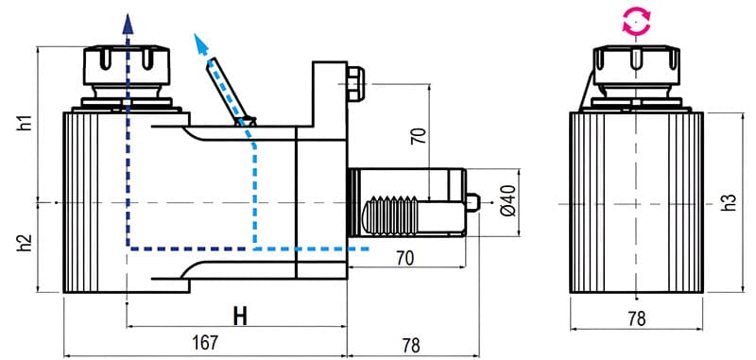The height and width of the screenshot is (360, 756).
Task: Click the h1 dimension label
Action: (x=26, y=123)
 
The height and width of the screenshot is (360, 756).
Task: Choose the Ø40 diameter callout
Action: (x=507, y=200)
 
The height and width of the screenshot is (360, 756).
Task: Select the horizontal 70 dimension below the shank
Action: (x=404, y=257)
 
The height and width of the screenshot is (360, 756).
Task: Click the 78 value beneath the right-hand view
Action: (x=636, y=319)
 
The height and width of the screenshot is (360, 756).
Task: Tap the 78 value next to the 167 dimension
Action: (x=409, y=345)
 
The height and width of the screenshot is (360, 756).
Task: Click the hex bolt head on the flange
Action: (x=356, y=82)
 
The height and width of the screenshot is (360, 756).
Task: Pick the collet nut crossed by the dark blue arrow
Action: (x=128, y=66)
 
